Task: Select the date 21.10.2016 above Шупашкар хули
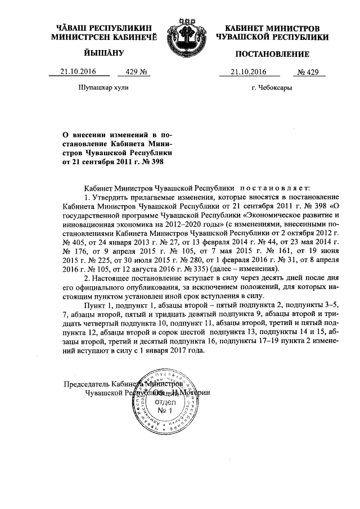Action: pos(79,72)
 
